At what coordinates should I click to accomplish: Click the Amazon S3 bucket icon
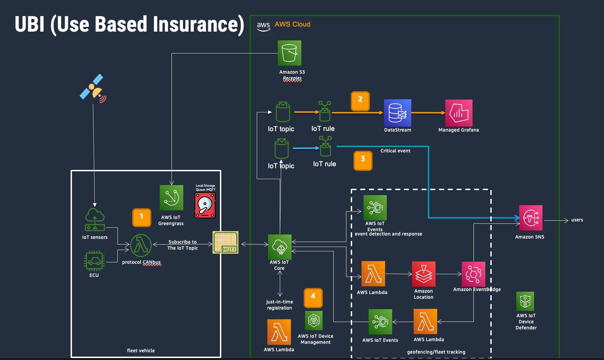(x=289, y=53)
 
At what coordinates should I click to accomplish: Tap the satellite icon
(x=93, y=87)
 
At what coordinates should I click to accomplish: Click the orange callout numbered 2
(x=360, y=101)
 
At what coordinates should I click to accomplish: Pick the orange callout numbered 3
(x=363, y=160)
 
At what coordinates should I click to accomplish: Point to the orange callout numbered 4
(x=313, y=298)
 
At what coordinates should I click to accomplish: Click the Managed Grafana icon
(x=459, y=113)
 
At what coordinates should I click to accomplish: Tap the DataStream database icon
(x=398, y=113)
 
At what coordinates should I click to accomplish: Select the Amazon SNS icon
(x=531, y=218)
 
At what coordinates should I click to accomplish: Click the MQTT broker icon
(x=226, y=242)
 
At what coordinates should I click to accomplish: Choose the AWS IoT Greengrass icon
(x=172, y=198)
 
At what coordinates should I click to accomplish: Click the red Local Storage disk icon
(x=205, y=205)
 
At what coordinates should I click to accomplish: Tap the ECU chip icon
(x=94, y=261)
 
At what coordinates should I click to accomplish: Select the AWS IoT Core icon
(x=280, y=247)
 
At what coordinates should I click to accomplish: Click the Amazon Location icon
(x=424, y=274)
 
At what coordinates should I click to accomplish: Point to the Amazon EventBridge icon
(x=474, y=274)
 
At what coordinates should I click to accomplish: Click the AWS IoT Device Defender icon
(x=525, y=301)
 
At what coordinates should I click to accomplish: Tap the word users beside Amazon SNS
(x=577, y=220)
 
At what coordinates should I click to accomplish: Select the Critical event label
(x=395, y=151)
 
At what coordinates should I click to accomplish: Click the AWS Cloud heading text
(x=292, y=24)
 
